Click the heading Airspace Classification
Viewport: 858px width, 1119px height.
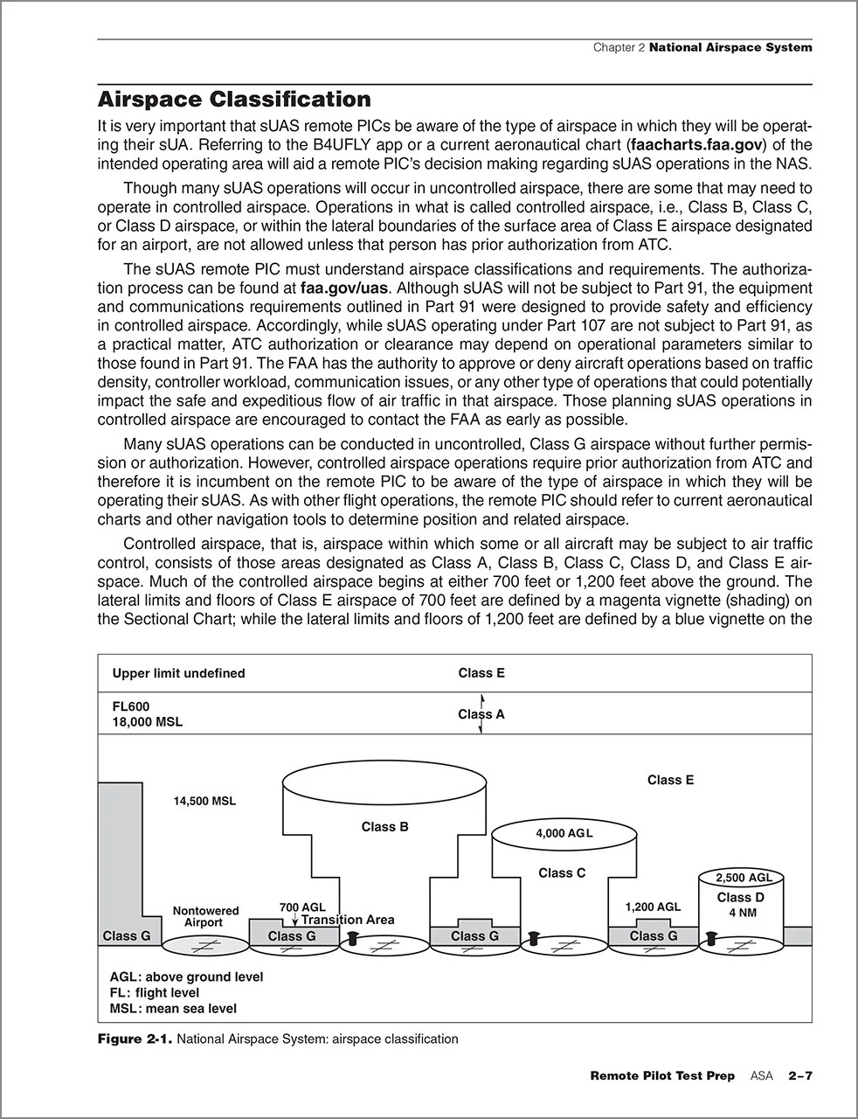[234, 99]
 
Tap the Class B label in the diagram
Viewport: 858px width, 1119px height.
[384, 826]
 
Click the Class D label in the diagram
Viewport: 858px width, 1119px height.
[740, 897]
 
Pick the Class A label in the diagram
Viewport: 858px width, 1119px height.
[481, 714]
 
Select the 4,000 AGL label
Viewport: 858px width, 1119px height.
[564, 833]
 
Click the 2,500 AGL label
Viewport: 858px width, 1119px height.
[744, 878]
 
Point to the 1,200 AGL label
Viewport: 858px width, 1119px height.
[652, 907]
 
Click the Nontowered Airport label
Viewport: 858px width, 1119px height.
[205, 916]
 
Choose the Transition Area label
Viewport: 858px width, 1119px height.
[348, 920]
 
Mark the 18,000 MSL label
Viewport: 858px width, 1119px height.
[148, 722]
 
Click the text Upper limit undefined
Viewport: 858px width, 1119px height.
[178, 673]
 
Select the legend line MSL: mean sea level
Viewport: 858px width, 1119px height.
[173, 1008]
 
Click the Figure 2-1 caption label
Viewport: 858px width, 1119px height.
[135, 1039]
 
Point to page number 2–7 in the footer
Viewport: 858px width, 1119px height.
[799, 1075]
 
